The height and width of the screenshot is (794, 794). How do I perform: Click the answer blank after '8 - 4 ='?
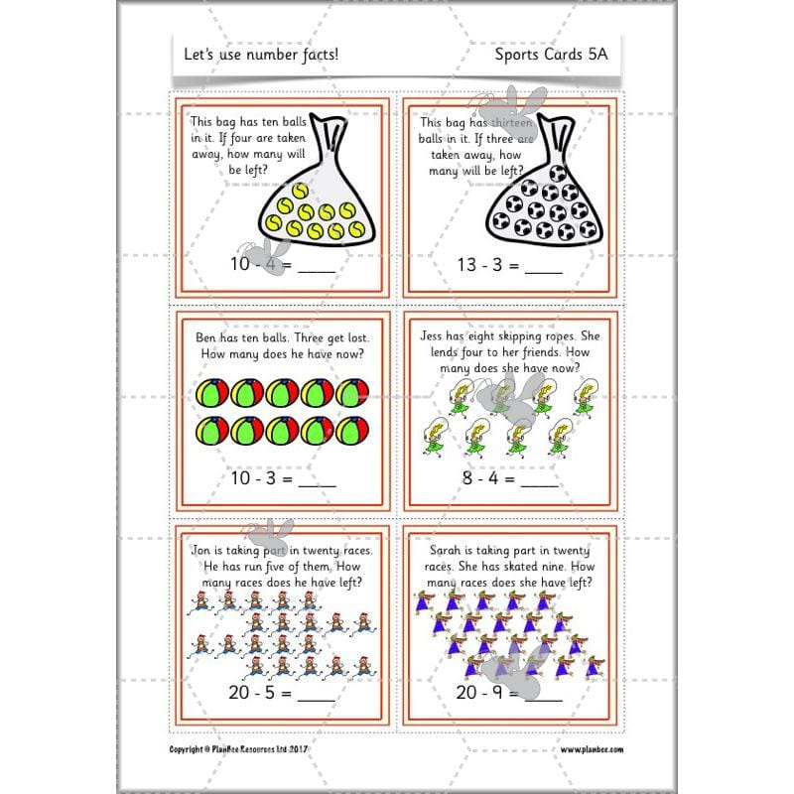(540, 478)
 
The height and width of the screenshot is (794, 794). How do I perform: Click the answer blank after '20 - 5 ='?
(317, 696)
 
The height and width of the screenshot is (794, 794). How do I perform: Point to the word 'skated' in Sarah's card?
(520, 567)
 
